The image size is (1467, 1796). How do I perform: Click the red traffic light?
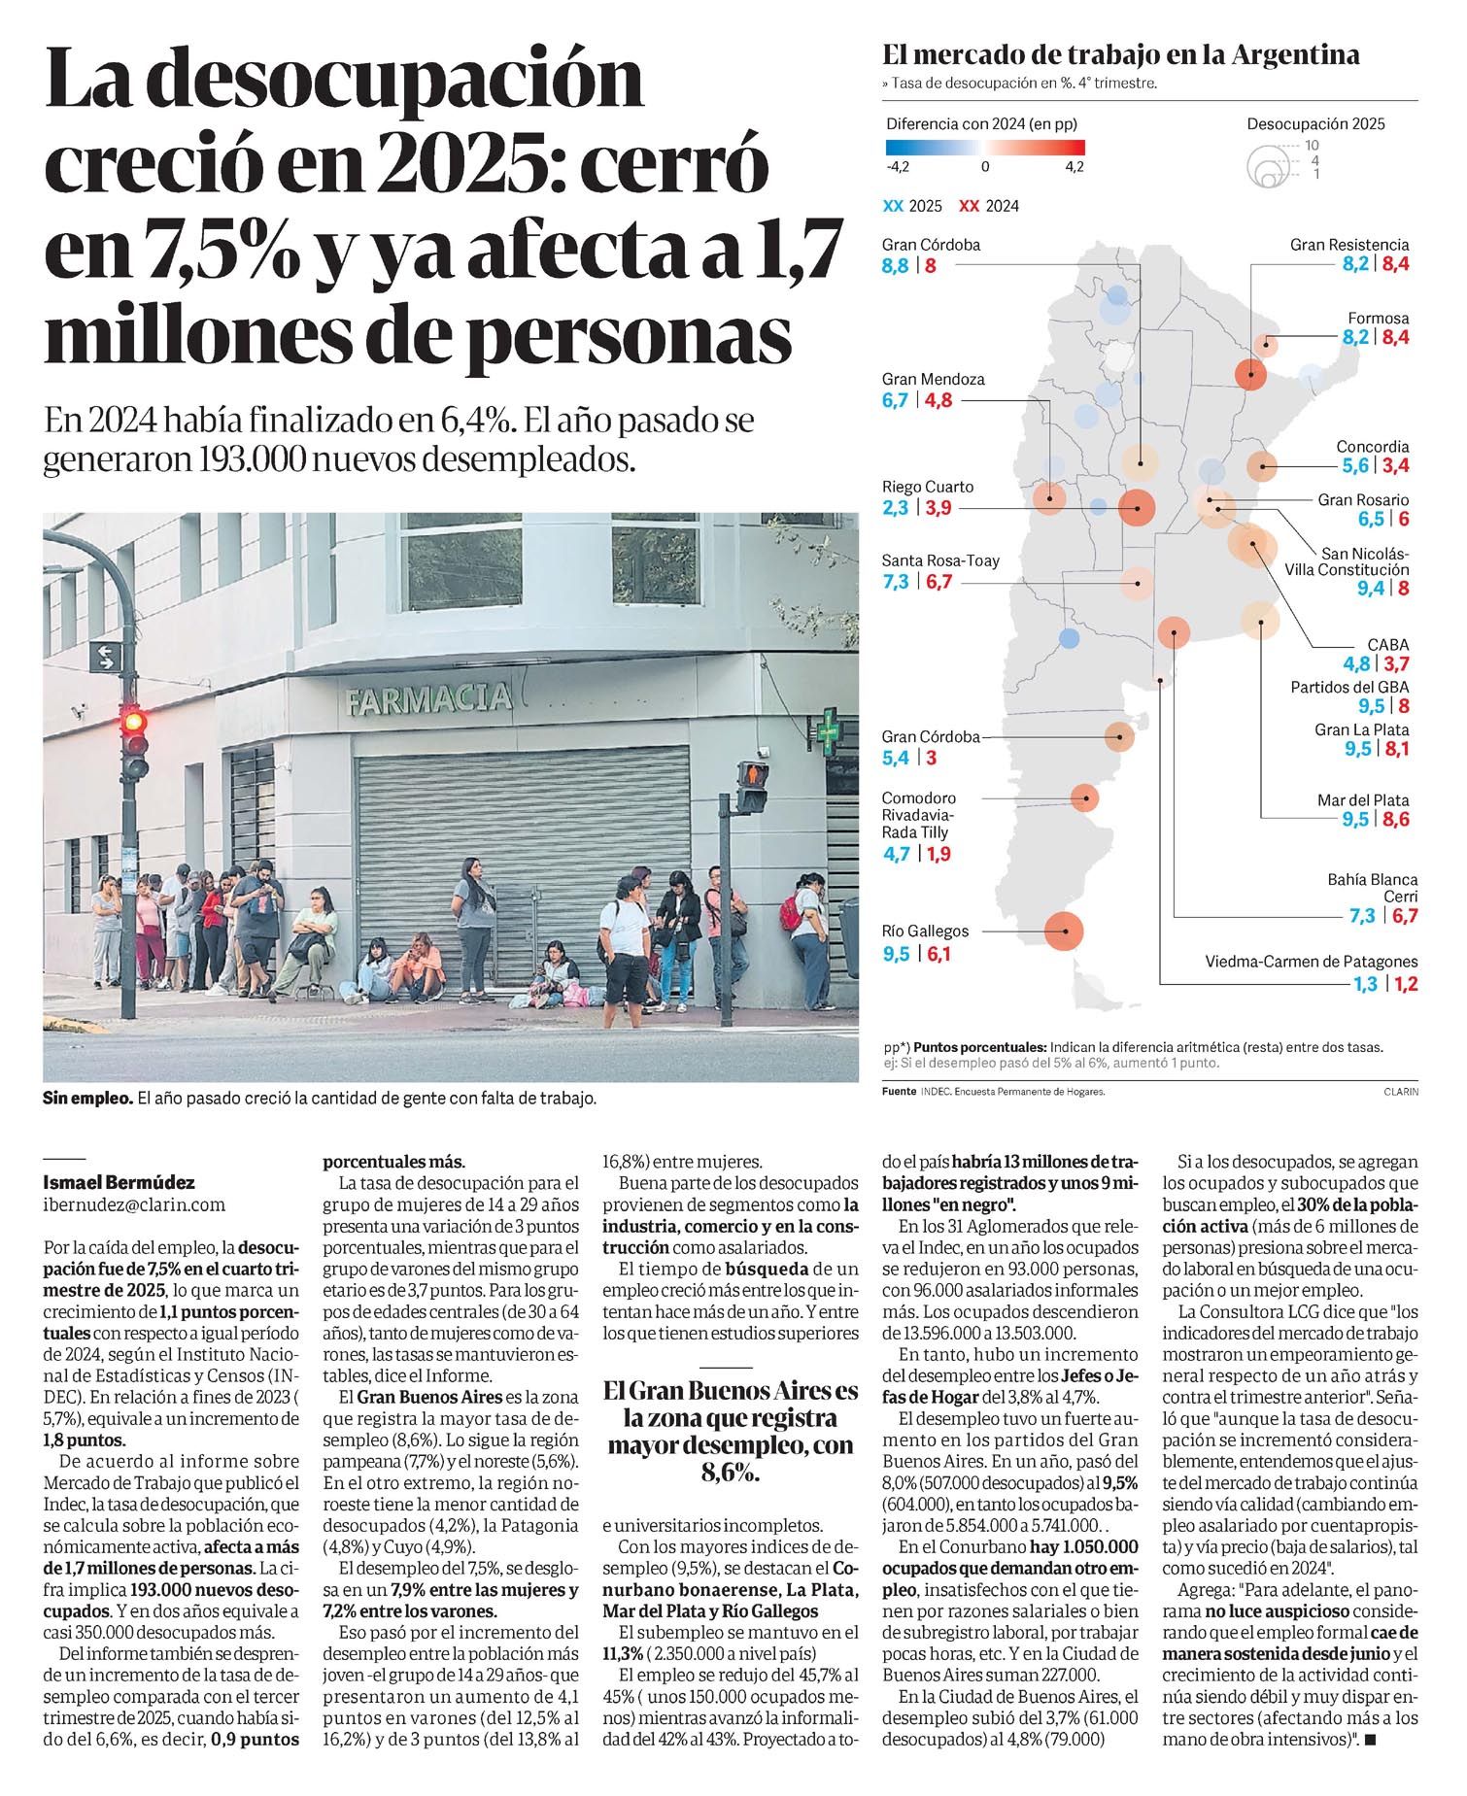[x=133, y=722]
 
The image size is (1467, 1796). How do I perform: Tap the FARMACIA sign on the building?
[x=427, y=697]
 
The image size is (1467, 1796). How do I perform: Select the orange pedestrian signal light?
[x=752, y=774]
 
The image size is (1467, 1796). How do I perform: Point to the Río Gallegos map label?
[x=925, y=931]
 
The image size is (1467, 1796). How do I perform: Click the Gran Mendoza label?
[x=933, y=379]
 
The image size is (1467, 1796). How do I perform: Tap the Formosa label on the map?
[x=1378, y=318]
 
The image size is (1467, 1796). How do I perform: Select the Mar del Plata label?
[x=1362, y=800]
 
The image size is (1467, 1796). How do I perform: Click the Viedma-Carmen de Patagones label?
[x=1311, y=962]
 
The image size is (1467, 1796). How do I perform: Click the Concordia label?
[x=1372, y=447]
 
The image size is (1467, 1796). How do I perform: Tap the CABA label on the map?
[x=1387, y=644]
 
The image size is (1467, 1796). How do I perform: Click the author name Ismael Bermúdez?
[x=119, y=1182]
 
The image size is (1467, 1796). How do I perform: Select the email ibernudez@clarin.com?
[x=134, y=1204]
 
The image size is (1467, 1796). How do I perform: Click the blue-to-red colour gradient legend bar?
[x=984, y=148]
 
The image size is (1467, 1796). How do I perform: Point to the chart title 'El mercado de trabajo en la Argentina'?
[x=1120, y=55]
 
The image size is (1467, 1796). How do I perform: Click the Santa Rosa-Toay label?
[x=939, y=560]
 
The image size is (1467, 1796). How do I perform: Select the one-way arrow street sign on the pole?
[x=104, y=658]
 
